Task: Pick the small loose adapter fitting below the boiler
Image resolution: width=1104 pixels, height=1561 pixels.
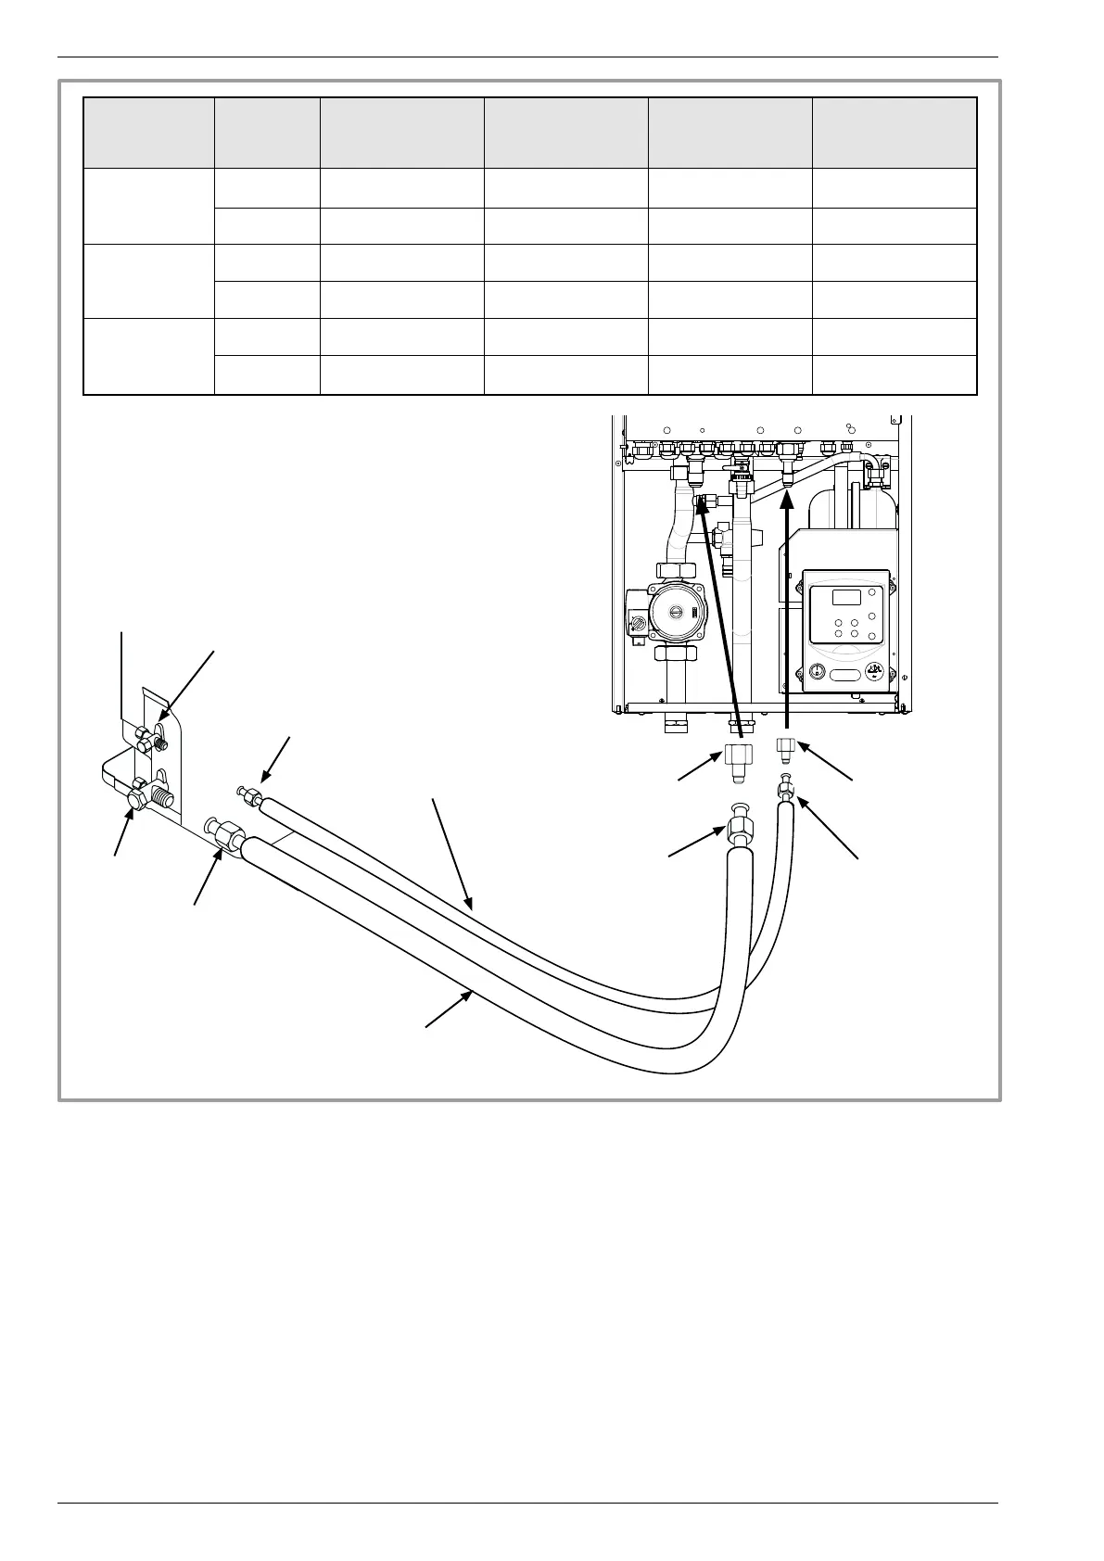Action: [785, 748]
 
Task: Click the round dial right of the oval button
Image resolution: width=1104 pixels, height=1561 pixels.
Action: [874, 671]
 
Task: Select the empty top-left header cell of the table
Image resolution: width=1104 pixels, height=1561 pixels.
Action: [148, 133]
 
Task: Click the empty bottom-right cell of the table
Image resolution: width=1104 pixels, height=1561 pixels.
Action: [895, 374]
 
